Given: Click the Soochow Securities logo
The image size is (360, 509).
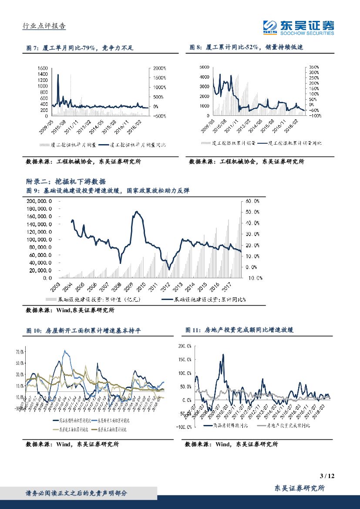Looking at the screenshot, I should tap(299, 27).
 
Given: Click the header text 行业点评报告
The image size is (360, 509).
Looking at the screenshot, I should tap(44, 26).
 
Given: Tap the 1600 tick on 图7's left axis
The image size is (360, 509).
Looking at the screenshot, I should tap(42, 68).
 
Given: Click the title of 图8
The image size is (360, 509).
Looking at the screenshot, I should tap(246, 48).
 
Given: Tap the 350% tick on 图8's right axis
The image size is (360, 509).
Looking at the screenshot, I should tap(314, 67).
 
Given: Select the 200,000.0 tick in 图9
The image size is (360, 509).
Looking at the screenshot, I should tap(40, 201).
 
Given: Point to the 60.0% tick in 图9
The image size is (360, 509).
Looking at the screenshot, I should tap(252, 201).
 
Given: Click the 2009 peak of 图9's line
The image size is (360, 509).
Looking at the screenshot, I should tap(137, 212).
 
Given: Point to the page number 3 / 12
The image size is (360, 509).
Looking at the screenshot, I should tap(329, 475).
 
